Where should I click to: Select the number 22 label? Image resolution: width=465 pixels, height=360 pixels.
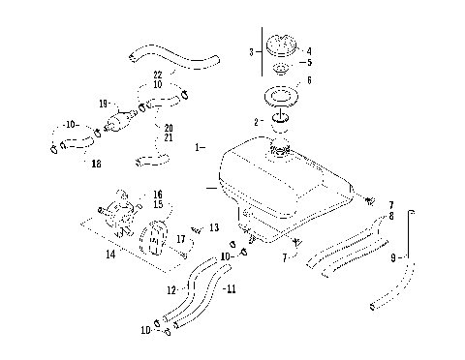[156, 75]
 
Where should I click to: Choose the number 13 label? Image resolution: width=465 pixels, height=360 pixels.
[214, 227]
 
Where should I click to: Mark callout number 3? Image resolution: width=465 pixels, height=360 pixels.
[251, 51]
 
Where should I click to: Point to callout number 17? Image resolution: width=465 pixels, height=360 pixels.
[181, 239]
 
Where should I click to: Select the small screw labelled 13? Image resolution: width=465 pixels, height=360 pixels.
[198, 229]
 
